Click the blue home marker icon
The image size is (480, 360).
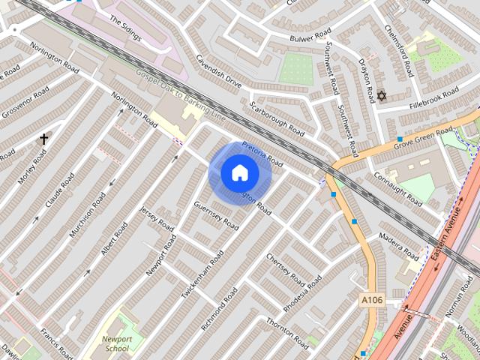240,173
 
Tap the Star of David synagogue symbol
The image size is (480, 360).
381,96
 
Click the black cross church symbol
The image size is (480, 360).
44,139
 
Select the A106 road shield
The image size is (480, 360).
371,300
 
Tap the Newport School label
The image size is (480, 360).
116,343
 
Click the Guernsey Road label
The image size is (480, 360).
216,216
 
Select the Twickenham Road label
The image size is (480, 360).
202,275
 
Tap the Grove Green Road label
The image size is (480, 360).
424,136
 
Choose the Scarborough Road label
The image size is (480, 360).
278,118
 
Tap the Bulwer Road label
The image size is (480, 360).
311,35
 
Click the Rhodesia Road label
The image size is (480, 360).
302,294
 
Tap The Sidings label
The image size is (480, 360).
124,28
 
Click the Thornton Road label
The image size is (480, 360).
287,333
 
